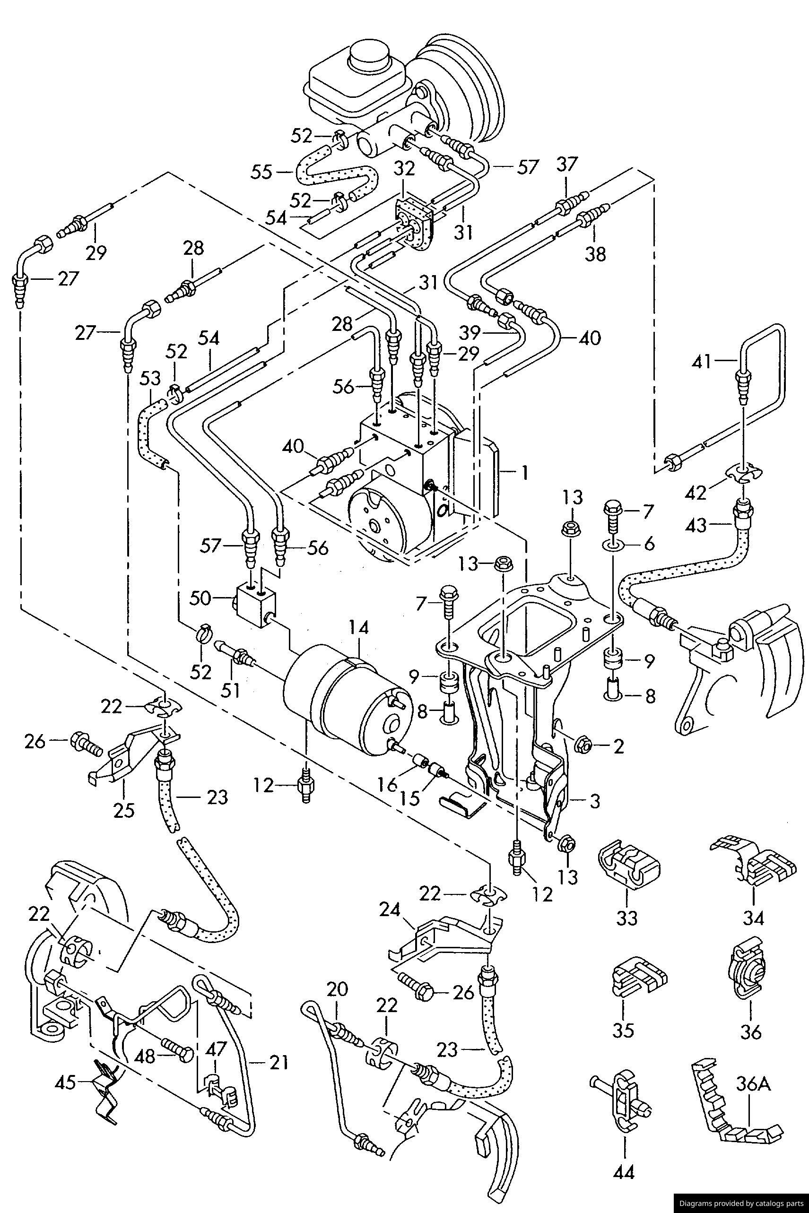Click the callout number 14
(358, 628)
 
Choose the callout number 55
(261, 171)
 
